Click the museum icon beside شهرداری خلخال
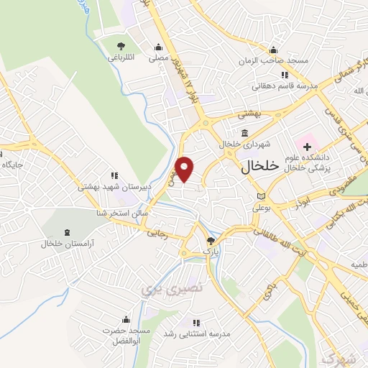245,133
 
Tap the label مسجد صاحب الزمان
274,60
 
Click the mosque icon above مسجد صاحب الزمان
273,50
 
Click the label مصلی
157,55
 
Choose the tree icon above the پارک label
210,241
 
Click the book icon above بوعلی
260,196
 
